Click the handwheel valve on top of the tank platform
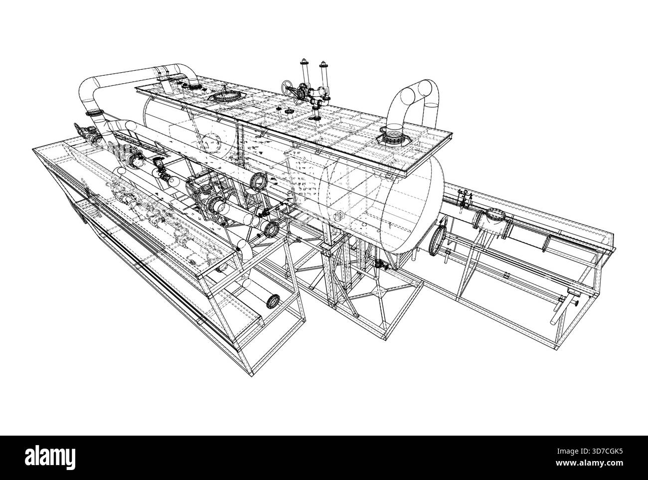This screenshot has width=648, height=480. [x=286, y=88]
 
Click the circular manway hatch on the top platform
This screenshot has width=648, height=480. [x=224, y=96]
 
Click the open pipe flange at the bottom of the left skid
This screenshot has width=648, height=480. [x=274, y=301]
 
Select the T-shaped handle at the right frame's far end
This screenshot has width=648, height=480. [x=573, y=301]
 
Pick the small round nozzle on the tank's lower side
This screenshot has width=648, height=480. [x=339, y=216]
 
